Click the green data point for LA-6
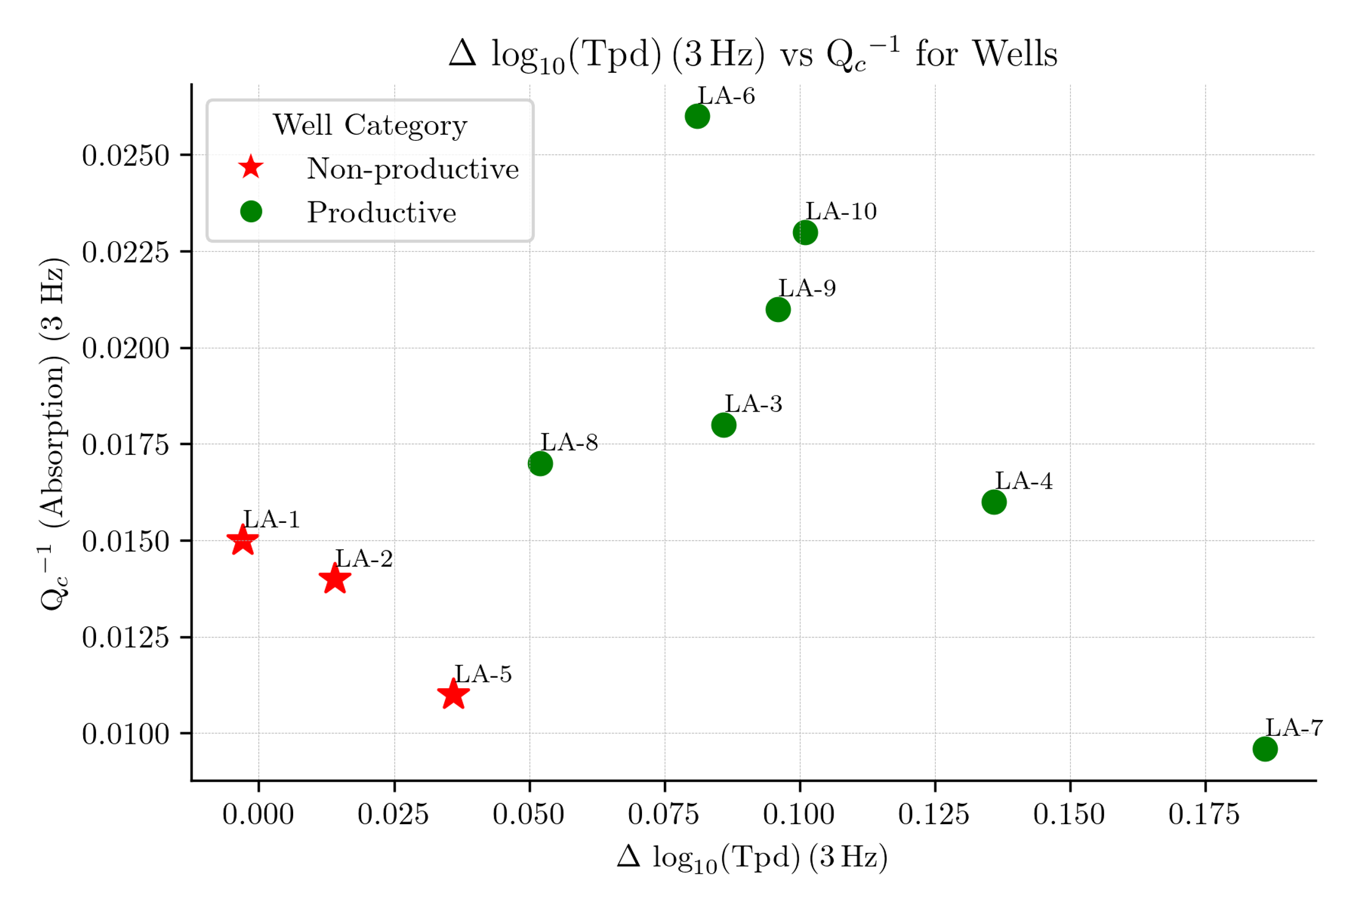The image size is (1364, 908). (697, 116)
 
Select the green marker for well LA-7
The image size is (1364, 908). (1265, 749)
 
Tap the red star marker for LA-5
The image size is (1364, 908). (453, 695)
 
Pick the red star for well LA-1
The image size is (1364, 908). (242, 541)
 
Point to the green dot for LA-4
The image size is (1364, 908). (994, 502)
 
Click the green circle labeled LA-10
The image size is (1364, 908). (805, 233)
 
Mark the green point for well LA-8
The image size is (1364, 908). (540, 463)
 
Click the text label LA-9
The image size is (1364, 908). (807, 288)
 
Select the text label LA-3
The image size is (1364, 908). (753, 404)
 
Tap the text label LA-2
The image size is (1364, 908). (364, 559)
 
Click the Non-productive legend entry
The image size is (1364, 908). (412, 168)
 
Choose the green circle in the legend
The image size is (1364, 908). (251, 212)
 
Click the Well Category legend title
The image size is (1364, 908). (370, 125)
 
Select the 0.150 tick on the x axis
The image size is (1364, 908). (1069, 815)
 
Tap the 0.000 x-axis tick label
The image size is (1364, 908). (258, 815)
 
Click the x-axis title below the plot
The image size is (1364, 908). (752, 857)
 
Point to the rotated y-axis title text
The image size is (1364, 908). (53, 433)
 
